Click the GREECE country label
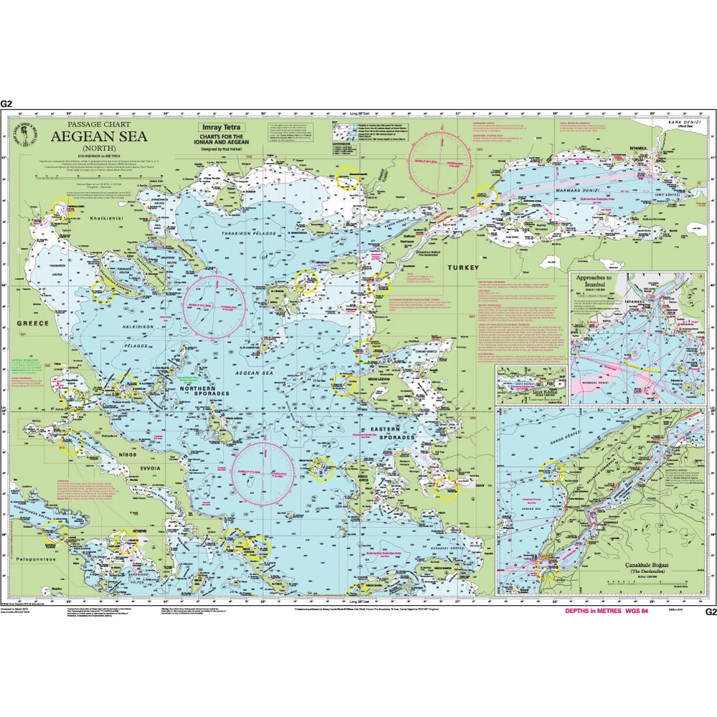pyautogui.click(x=33, y=323)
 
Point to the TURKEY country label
pyautogui.click(x=462, y=267)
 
